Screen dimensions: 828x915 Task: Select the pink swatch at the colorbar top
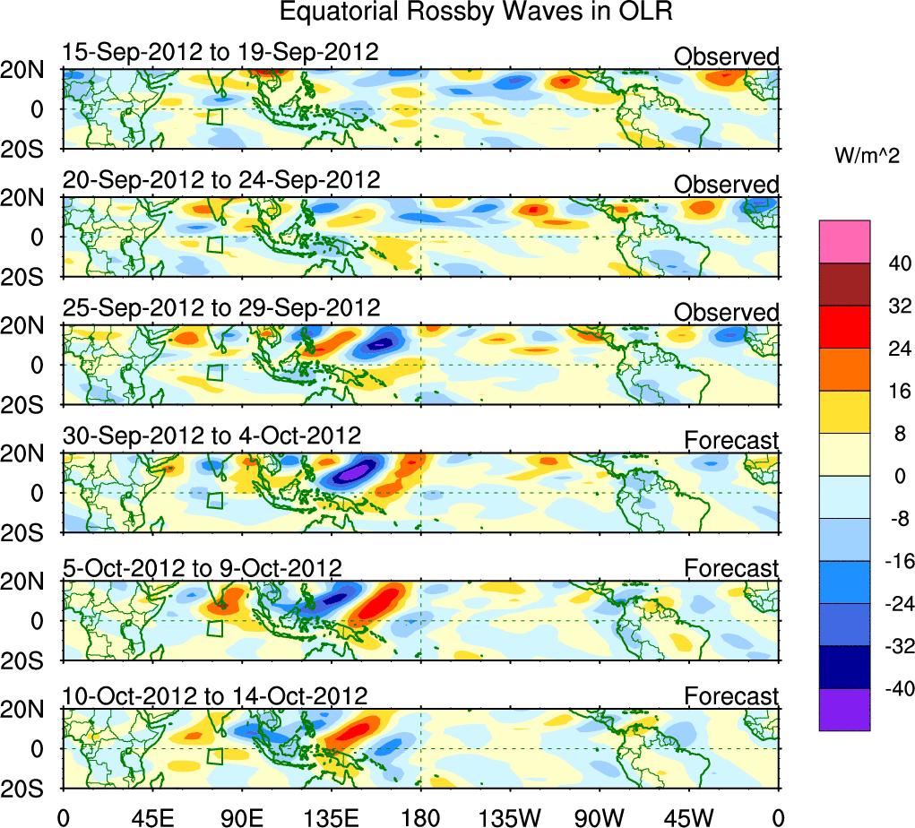(844, 242)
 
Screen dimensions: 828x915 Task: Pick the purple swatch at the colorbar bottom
(844, 710)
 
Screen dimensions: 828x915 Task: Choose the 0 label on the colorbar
(896, 476)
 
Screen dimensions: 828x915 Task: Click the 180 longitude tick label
(421, 816)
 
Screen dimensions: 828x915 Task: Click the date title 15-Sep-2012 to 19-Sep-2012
(220, 52)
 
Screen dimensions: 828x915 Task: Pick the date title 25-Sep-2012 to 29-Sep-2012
(221, 307)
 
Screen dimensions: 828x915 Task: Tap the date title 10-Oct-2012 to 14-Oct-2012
(215, 695)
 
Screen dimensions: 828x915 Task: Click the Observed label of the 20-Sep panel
(726, 185)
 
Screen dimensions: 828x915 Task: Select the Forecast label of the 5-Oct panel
(731, 568)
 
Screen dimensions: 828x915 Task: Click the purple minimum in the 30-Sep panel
(357, 470)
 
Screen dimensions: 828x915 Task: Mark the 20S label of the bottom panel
(29, 788)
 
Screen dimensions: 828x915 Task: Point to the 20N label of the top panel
(29, 70)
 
